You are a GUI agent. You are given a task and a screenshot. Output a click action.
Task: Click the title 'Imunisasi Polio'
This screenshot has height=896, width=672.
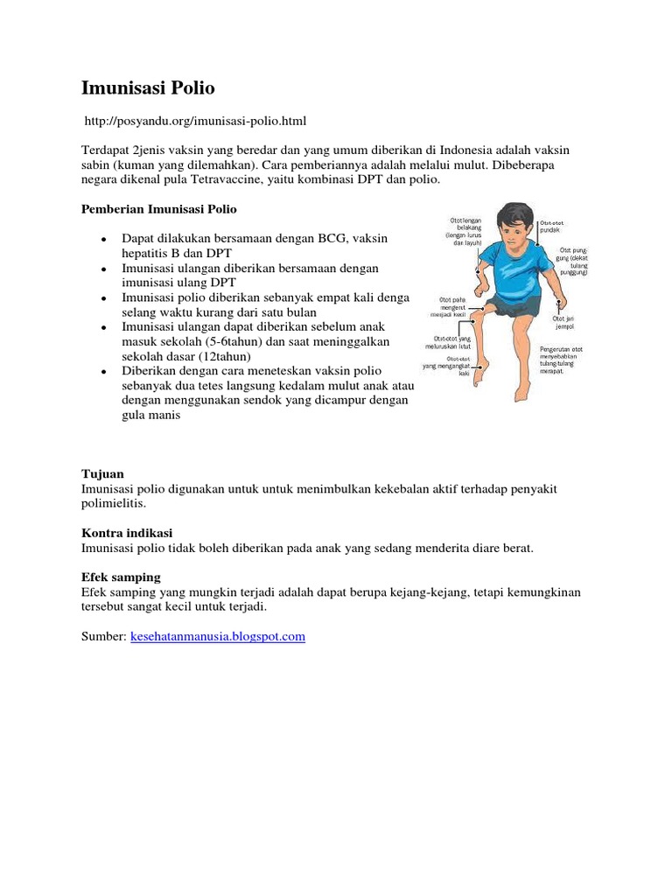coord(148,88)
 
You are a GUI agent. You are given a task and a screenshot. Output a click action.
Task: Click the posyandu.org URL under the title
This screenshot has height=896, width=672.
coord(195,119)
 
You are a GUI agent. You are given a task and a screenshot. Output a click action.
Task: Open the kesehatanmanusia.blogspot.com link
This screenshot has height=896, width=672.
coord(218,637)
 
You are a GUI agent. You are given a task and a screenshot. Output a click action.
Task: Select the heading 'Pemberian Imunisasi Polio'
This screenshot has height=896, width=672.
coord(159,210)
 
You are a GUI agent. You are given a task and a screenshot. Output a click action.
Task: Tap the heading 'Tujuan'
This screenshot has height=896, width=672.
coord(103,473)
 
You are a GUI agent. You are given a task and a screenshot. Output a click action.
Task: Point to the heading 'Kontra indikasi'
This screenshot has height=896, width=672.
coord(127,532)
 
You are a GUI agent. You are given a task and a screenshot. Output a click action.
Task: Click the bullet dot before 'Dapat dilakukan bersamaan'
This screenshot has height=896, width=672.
coord(104,239)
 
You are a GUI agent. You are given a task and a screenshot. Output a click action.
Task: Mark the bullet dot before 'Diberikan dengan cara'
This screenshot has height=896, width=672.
coord(104,372)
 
